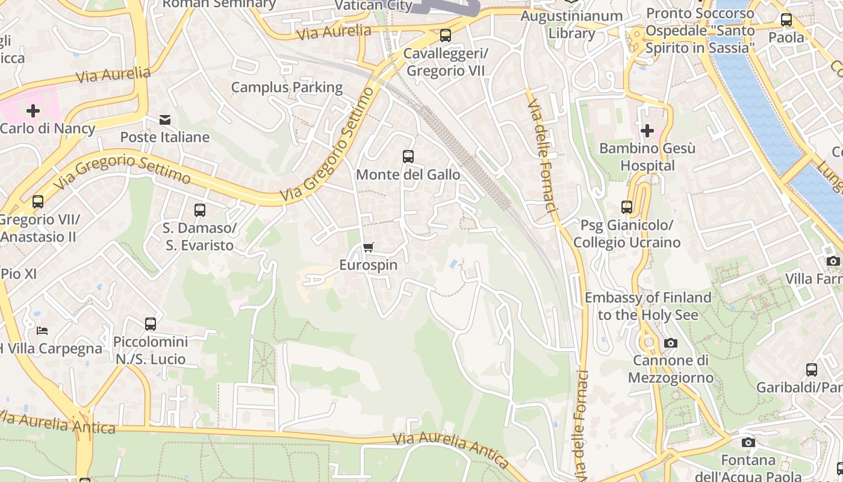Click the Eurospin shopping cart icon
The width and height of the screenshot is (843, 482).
pyautogui.click(x=369, y=247)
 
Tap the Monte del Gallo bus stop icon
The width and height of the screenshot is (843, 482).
pyautogui.click(x=408, y=157)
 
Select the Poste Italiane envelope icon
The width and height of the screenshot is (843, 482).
pyautogui.click(x=165, y=120)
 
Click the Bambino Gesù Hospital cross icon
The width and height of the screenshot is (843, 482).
pyautogui.click(x=647, y=130)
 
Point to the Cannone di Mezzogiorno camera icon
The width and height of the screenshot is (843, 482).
pyautogui.click(x=670, y=343)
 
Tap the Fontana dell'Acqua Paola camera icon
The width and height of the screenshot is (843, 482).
pyautogui.click(x=748, y=443)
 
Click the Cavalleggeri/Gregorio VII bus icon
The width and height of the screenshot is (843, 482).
pyautogui.click(x=446, y=36)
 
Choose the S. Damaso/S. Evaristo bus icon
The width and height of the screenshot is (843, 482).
pyautogui.click(x=200, y=210)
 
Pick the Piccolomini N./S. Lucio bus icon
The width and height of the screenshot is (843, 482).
pyautogui.click(x=151, y=324)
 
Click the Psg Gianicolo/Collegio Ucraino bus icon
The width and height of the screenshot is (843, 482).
pyautogui.click(x=627, y=207)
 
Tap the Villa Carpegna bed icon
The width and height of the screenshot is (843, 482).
pyautogui.click(x=42, y=330)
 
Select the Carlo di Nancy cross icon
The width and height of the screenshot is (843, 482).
pyautogui.click(x=33, y=110)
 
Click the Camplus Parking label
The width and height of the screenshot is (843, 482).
pyautogui.click(x=287, y=87)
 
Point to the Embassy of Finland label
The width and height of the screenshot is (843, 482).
pyautogui.click(x=648, y=306)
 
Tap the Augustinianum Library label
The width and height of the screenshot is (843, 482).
pyautogui.click(x=571, y=24)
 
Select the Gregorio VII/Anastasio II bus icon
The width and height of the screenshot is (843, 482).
pyautogui.click(x=38, y=202)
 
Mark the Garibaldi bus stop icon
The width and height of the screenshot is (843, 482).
pyautogui.click(x=812, y=369)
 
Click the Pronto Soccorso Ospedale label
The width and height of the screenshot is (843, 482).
pyautogui.click(x=700, y=30)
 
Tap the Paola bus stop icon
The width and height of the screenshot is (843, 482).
pyautogui.click(x=786, y=20)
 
